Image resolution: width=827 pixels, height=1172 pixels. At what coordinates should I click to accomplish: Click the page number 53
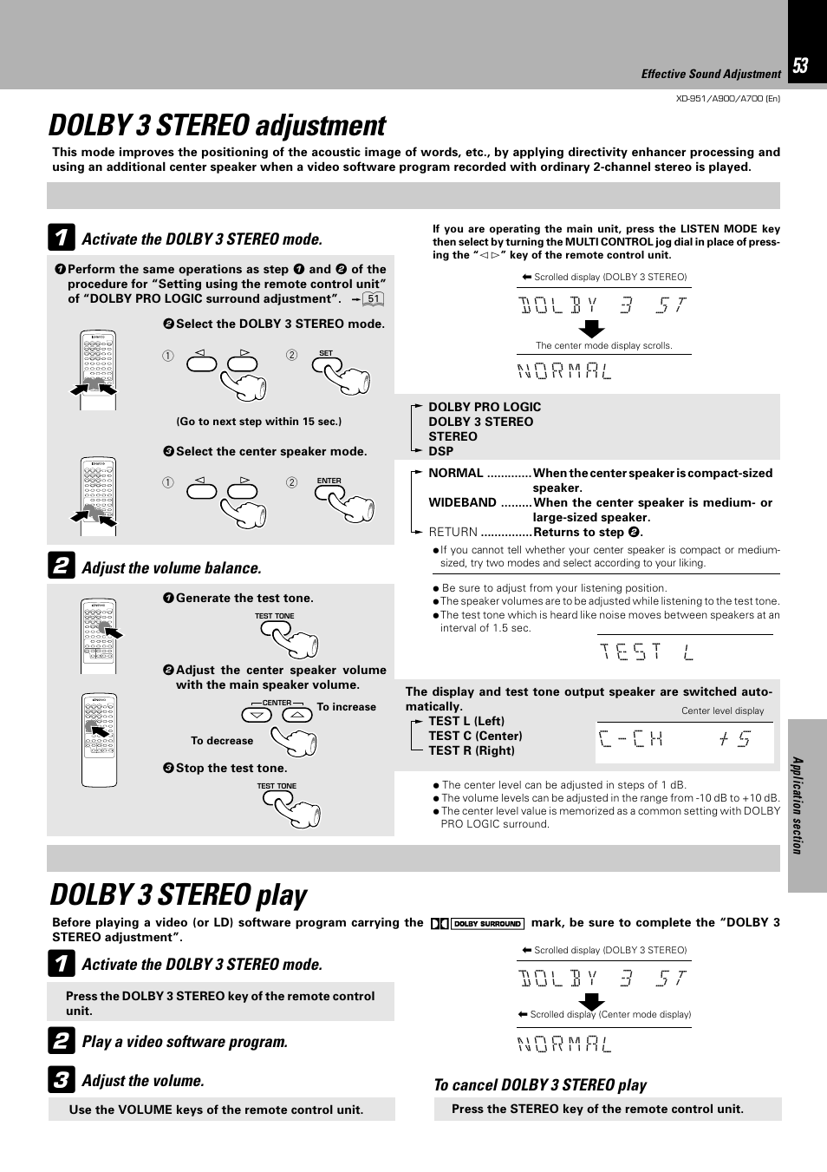(800, 66)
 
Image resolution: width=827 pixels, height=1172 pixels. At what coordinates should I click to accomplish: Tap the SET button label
(326, 353)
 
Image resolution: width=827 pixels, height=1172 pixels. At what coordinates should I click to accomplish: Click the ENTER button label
(329, 481)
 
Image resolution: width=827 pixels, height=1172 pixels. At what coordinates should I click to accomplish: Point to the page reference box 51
(374, 299)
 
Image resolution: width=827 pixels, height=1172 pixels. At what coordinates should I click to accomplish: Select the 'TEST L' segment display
(647, 651)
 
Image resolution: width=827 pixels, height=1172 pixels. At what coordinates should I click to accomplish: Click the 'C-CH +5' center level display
(674, 739)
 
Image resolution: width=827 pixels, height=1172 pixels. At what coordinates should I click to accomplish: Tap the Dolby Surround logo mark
(478, 924)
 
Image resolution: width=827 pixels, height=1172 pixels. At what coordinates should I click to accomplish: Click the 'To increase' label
(347, 707)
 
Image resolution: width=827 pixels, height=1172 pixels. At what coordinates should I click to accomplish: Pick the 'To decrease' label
(222, 741)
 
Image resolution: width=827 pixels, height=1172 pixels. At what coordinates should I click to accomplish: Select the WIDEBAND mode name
(462, 502)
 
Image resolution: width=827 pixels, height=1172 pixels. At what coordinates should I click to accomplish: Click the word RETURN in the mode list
(453, 532)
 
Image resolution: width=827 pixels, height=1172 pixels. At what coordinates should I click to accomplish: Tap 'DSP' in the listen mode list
(440, 451)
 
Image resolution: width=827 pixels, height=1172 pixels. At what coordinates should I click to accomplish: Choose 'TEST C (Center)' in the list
(475, 736)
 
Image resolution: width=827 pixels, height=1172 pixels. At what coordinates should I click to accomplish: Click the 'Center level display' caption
(722, 710)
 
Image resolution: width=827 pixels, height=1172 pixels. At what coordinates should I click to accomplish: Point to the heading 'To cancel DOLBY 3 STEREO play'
(540, 1085)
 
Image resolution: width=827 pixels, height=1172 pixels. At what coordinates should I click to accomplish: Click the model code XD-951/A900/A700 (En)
(727, 98)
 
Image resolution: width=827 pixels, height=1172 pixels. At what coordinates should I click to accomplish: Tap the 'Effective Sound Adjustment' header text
(711, 75)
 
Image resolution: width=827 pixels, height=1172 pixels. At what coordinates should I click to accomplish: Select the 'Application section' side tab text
(798, 805)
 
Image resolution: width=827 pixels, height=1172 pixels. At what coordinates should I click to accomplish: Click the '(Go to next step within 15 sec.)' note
(258, 422)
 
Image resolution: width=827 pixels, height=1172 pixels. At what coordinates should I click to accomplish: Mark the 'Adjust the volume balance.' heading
(171, 568)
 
